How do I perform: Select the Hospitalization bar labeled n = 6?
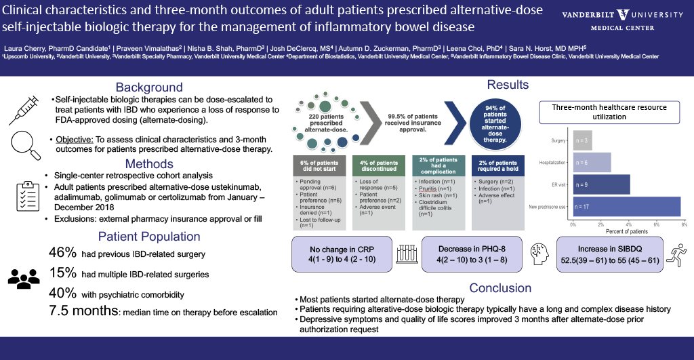(592, 162)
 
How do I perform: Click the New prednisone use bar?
(627, 206)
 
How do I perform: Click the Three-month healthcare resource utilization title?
(609, 112)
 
